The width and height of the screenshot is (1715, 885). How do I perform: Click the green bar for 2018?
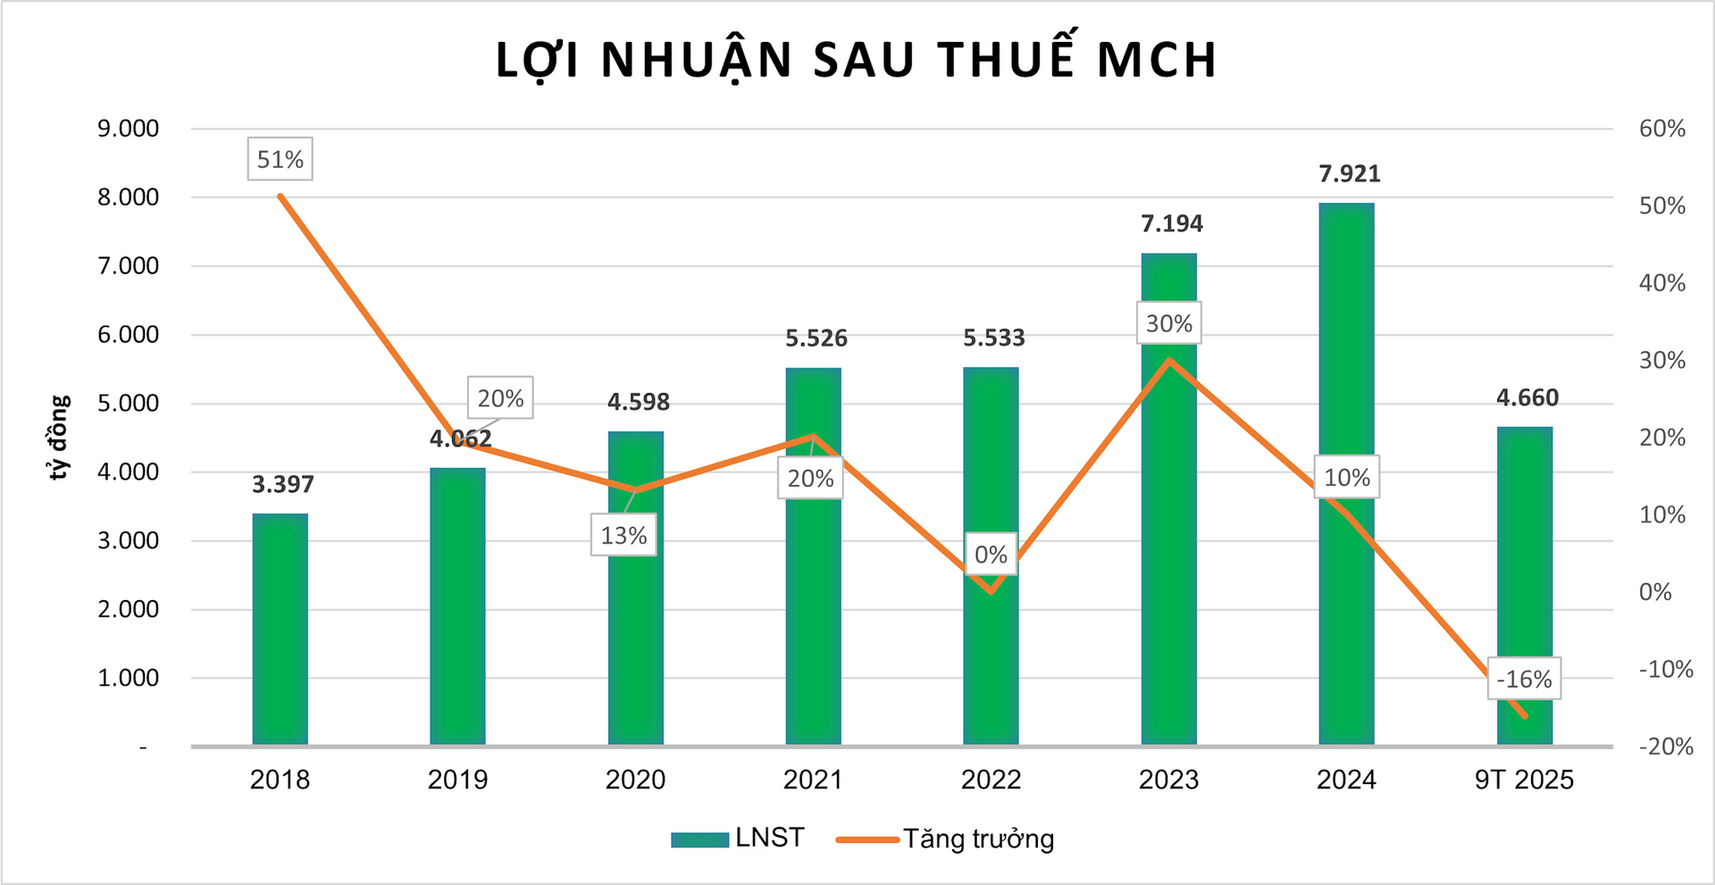[x=280, y=629]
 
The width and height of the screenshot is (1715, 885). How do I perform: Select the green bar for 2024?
[x=1346, y=357]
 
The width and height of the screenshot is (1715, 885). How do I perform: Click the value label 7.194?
[x=1171, y=223]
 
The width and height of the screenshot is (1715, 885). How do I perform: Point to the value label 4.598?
[x=638, y=402]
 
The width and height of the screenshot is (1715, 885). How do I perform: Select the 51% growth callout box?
[x=280, y=160]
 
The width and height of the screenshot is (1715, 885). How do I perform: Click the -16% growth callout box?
[x=1524, y=680]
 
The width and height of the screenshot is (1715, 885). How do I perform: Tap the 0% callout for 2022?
[x=991, y=555]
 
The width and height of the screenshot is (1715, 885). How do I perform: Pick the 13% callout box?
[x=623, y=536]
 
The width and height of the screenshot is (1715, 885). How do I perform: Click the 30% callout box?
[x=1168, y=323]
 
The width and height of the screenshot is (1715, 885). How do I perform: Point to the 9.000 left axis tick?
[x=128, y=129]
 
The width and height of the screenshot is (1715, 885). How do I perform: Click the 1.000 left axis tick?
[x=128, y=678]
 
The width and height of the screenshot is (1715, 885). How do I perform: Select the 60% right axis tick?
[x=1661, y=129]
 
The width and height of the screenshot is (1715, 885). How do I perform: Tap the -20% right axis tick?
[x=1665, y=747]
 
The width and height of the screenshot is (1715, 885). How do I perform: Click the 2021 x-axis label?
[x=813, y=780]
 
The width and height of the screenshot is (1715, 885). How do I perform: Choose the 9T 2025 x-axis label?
[x=1524, y=780]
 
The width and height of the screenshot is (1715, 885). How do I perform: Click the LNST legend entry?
[x=738, y=838]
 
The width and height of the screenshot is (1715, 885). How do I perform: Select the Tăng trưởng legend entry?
[x=946, y=839]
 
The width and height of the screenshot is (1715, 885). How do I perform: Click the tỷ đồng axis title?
[x=59, y=438]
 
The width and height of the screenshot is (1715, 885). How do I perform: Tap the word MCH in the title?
[x=1156, y=60]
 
